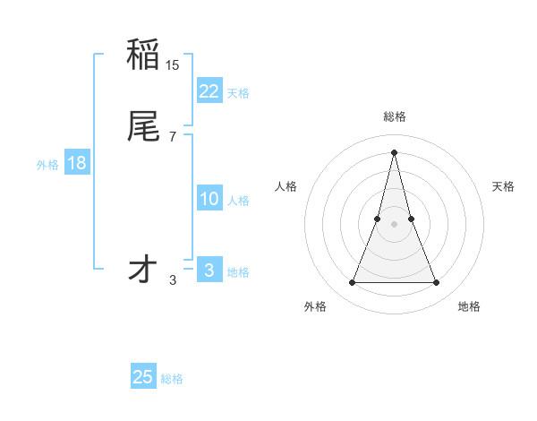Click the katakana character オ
coord(144,270)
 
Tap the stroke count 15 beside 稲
coord(173,65)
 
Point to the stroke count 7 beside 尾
coord(173,136)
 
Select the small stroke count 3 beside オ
coord(173,280)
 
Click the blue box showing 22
coord(209,90)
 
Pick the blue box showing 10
coord(209,199)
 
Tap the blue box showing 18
coord(77,163)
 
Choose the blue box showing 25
coord(143,377)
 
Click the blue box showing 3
coord(209,271)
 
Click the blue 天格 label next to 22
coord(238,93)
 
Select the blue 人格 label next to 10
coord(239,201)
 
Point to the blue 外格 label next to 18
coord(47,165)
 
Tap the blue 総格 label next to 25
coord(172,379)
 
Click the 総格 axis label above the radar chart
coord(394,116)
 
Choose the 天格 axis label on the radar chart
coord(503,186)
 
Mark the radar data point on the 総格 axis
coord(394,151)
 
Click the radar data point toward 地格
coord(436,283)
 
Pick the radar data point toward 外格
coord(352,283)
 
